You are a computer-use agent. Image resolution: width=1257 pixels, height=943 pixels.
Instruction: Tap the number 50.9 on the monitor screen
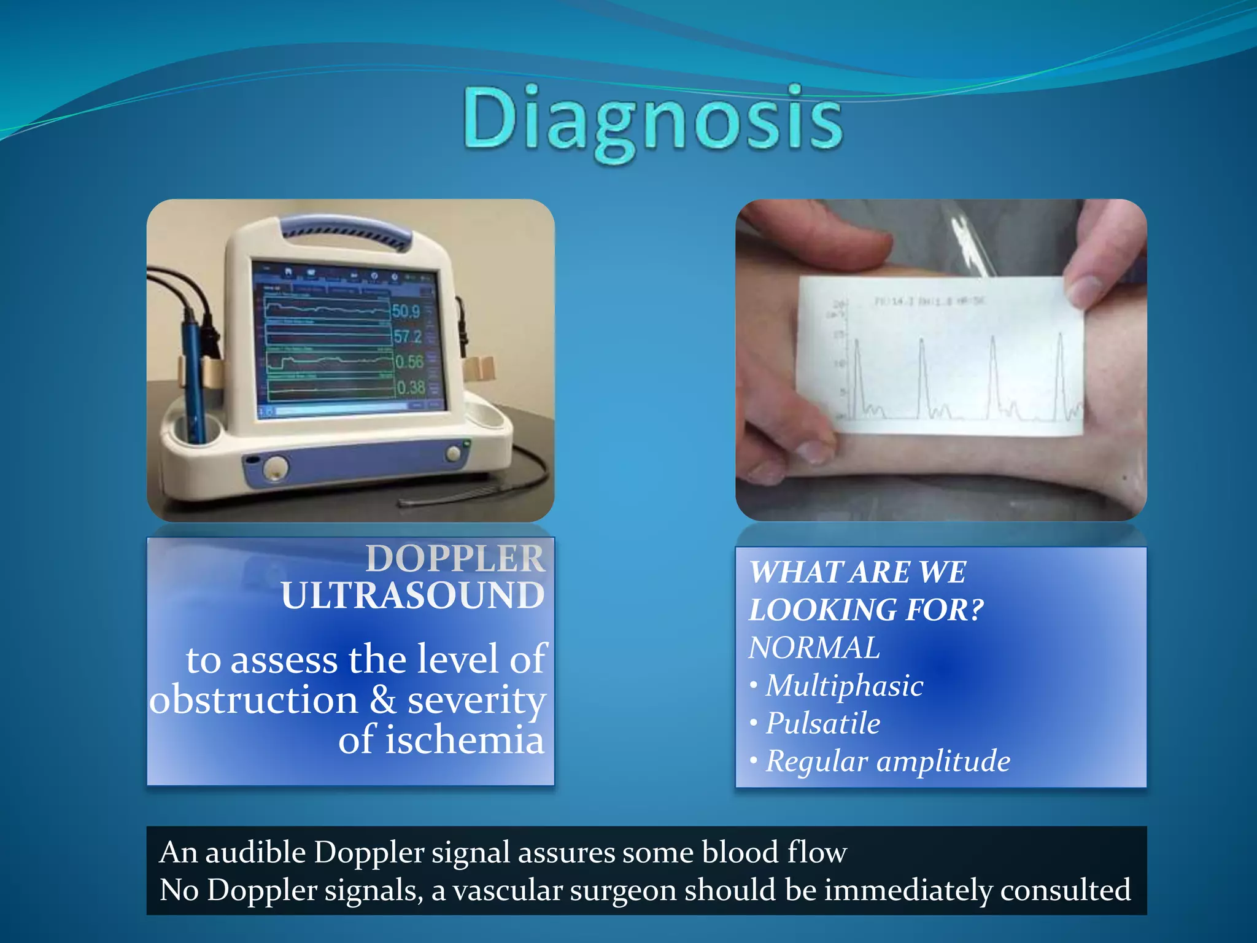pos(406,311)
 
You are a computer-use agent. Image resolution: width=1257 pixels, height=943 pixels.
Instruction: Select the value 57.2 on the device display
pos(408,336)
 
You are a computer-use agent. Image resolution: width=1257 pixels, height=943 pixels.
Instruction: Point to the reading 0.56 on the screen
pos(409,362)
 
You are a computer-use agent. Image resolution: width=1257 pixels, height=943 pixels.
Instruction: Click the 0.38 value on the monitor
pos(411,387)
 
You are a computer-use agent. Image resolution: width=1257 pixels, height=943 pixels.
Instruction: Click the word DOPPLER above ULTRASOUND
pos(455,558)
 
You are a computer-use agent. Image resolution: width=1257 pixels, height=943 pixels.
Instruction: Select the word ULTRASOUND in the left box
pos(413,596)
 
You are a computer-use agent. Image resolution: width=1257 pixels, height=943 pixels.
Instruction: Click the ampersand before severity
pos(383,700)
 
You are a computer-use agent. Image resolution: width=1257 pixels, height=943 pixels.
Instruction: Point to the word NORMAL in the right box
pos(814,648)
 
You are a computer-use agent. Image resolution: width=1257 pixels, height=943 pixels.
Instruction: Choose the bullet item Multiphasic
pos(844,686)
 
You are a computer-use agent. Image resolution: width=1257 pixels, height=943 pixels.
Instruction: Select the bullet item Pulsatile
pos(823,724)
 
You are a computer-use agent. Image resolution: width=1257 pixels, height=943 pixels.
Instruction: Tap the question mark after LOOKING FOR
pos(975,610)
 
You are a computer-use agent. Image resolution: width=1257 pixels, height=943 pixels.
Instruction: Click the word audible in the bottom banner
pos(255,853)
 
